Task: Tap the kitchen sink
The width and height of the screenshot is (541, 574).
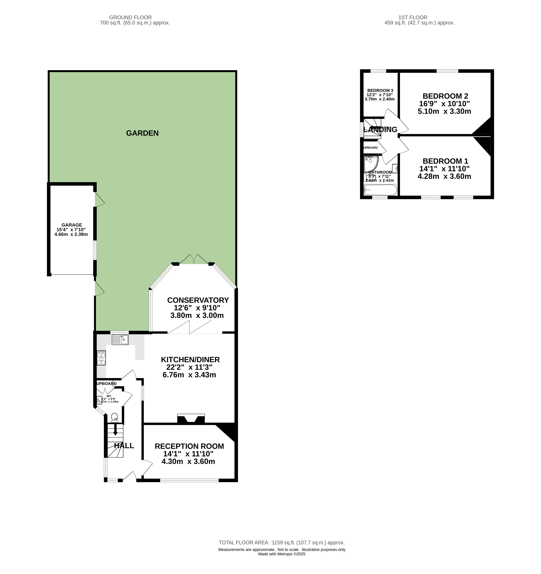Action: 120,340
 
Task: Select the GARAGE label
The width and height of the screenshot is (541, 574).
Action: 72,225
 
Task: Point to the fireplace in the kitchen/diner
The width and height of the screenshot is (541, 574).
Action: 191,419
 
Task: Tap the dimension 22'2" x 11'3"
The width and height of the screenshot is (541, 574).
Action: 189,367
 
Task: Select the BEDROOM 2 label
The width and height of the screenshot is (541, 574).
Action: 445,96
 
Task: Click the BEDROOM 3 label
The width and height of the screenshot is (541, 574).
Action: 380,90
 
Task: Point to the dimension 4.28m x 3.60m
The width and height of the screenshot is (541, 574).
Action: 444,176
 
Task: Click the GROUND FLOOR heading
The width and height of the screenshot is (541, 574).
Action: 130,18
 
